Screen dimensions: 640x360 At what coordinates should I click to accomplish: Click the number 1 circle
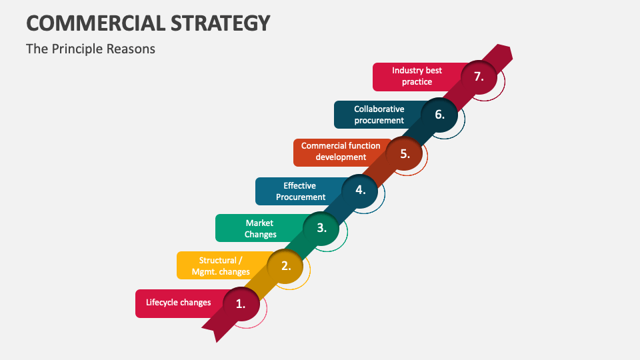[x=241, y=304]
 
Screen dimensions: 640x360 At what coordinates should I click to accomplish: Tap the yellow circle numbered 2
[x=285, y=266]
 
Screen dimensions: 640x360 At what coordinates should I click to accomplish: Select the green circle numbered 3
[x=321, y=228]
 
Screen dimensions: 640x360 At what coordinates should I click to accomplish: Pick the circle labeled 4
[x=359, y=191]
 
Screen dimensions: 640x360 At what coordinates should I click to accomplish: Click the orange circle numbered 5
[x=404, y=154]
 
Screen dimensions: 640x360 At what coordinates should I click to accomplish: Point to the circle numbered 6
[x=439, y=115]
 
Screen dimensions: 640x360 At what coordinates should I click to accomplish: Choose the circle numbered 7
[x=479, y=77]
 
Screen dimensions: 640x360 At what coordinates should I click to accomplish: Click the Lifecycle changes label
[x=179, y=303]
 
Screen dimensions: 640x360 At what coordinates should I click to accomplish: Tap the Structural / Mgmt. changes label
[x=221, y=266]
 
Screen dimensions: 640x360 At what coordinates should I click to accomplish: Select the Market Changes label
[x=260, y=229]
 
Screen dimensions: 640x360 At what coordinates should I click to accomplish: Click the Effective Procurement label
[x=301, y=191]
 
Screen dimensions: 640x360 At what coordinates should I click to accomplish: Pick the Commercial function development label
[x=341, y=151]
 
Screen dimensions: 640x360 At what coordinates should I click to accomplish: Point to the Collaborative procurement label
[x=379, y=115]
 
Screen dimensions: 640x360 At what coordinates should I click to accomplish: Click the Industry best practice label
[x=417, y=76]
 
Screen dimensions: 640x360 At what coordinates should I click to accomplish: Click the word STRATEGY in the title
[x=221, y=23]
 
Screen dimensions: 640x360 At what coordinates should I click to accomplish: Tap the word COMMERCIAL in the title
[x=96, y=23]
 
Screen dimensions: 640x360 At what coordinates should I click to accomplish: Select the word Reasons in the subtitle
[x=131, y=49]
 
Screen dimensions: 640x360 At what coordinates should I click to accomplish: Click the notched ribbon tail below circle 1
[x=216, y=331]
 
